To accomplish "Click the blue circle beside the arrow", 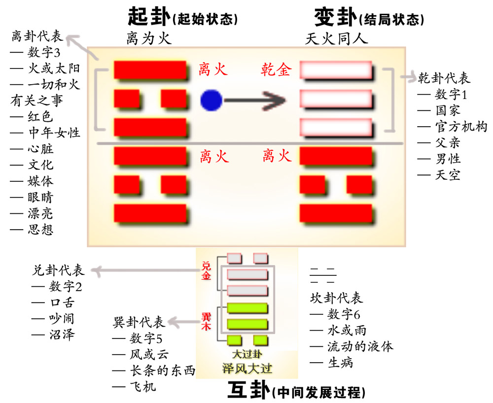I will coord(211,101).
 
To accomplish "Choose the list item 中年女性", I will coord(54,133).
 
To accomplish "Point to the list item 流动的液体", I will coord(360,346).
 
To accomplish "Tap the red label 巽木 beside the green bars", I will coord(206,318).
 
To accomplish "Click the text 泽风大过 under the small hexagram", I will coord(246,369).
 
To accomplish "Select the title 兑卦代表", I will coord(58,270).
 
